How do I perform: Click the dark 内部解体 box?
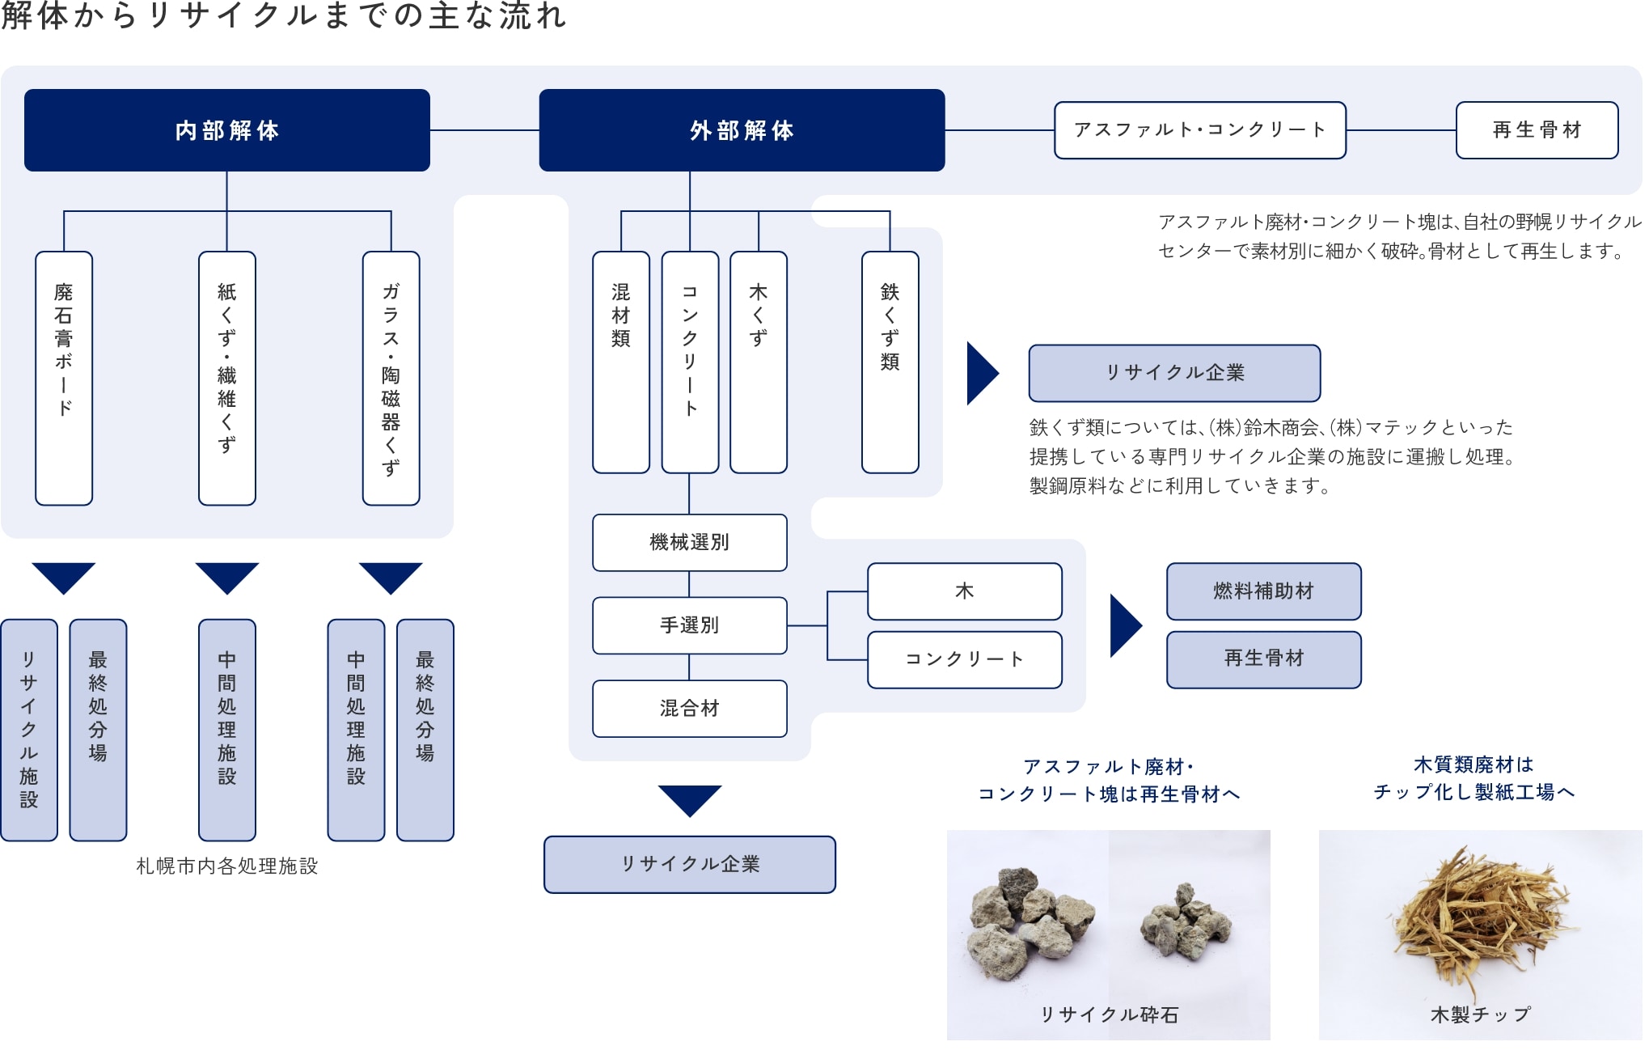226,130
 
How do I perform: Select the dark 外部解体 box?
742,130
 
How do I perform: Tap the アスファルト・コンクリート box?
1199,130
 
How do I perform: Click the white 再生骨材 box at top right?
1537,130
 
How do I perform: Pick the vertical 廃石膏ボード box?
64,378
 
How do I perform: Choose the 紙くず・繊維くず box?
227,378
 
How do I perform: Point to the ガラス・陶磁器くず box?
391,378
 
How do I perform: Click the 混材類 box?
620,362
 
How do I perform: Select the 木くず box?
758,362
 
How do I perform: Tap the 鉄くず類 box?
890,362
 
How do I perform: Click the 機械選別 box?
689,543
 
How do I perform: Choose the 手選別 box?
689,625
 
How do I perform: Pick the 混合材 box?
689,709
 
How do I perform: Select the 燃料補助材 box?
1263,591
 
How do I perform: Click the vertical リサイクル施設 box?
29,730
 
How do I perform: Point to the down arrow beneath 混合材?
689,800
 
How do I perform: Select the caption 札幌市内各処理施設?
227,866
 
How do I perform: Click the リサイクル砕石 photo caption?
1109,1014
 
